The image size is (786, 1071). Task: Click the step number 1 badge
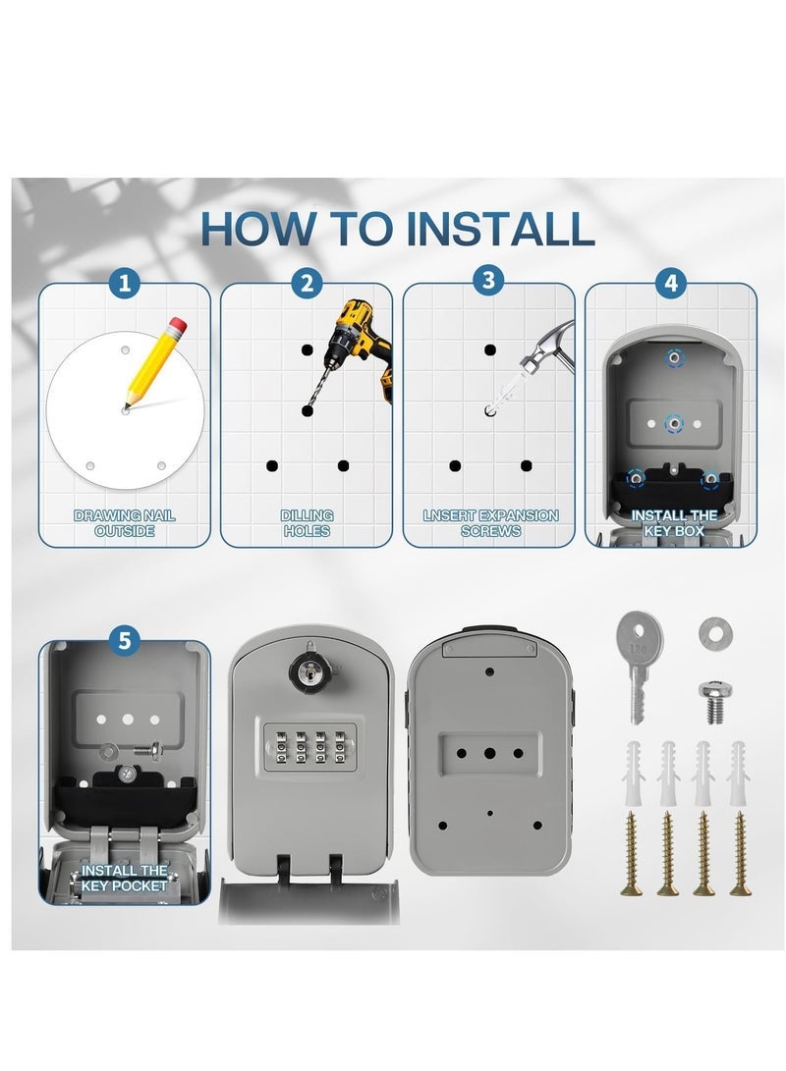(x=124, y=282)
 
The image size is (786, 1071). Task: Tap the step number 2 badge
(x=307, y=282)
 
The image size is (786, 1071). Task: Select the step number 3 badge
(x=488, y=280)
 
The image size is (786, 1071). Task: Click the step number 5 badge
(x=124, y=641)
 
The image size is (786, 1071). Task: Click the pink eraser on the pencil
(x=177, y=325)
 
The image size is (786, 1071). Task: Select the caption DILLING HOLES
(x=307, y=523)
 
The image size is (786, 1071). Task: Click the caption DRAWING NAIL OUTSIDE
(x=125, y=523)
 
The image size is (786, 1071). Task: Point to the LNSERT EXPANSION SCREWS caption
(x=490, y=523)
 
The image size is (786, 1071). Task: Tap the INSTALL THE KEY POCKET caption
(x=124, y=878)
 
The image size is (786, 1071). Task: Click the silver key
(x=639, y=666)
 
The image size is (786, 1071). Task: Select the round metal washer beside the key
(x=715, y=632)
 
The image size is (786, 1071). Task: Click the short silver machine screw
(x=714, y=702)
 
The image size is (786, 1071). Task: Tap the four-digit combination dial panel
(x=309, y=746)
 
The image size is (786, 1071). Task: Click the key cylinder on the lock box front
(x=309, y=670)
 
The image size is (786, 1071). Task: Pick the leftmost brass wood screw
(x=631, y=853)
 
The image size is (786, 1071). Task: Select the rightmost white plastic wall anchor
(x=738, y=773)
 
